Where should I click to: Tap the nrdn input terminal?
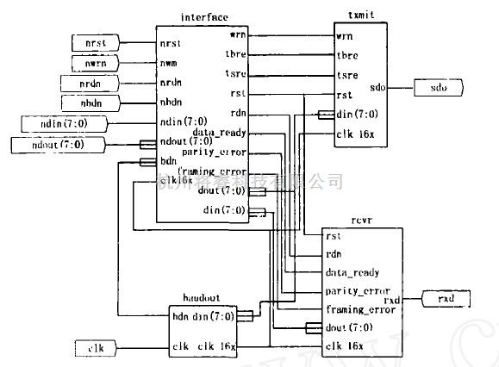85,84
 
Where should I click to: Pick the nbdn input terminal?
85,103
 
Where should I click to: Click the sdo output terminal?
438,87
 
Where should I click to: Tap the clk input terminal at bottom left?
94,346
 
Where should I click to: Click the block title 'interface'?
203,17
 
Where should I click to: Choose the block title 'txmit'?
359,17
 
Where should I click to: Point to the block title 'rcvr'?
359,219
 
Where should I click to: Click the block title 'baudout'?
203,297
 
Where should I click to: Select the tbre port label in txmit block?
347,56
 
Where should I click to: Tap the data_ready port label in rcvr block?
352,272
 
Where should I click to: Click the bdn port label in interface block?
169,161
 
